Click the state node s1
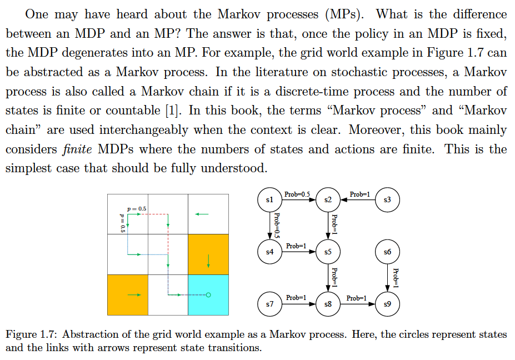(269, 199)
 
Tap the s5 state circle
(328, 252)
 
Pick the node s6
(387, 252)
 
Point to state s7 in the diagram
(269, 304)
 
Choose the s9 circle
(387, 304)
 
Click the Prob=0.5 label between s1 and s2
(297, 194)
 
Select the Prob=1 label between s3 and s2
(360, 194)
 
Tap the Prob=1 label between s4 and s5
(297, 246)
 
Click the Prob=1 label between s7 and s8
(297, 298)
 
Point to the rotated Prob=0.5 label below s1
(277, 226)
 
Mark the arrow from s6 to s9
(387, 278)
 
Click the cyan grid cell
(208, 294)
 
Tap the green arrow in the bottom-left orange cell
(134, 294)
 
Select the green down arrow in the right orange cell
(208, 259)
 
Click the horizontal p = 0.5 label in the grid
(137, 208)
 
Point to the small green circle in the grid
(208, 294)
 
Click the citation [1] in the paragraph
(173, 110)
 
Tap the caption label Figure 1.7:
(32, 334)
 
